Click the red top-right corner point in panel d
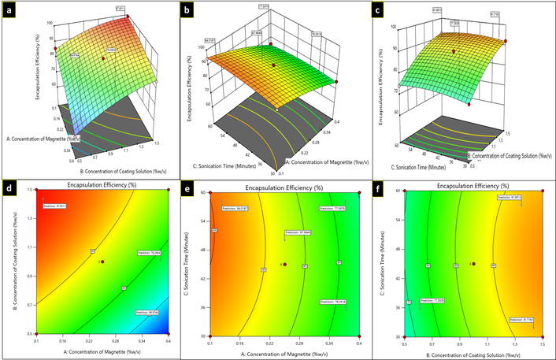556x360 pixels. point(169,191)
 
